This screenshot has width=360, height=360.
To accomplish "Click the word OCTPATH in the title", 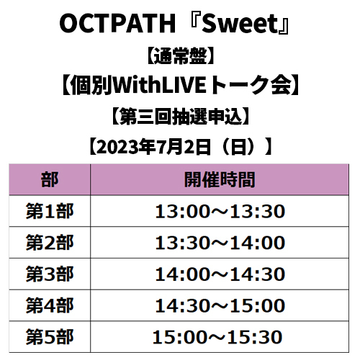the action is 117,24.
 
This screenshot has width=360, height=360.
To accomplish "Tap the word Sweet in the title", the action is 239,24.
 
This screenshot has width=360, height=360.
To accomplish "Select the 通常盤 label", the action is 180,55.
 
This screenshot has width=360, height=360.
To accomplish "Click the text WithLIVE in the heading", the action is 159,85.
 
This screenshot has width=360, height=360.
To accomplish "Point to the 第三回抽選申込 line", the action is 181,117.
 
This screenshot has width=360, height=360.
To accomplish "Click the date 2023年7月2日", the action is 153,147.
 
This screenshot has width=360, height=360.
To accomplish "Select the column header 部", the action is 50,179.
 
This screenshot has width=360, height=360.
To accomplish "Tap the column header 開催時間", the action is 220,179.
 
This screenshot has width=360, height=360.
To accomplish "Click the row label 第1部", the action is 50,211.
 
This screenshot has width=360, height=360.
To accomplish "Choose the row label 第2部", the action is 50,243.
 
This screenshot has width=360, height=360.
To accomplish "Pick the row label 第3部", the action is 50,274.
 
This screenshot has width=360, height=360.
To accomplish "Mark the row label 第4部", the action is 50,305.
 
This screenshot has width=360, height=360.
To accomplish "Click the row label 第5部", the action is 50,337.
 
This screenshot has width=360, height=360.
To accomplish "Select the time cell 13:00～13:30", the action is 220,211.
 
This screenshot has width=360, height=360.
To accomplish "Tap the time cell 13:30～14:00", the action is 220,243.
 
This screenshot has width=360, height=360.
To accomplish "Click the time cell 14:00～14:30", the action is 220,274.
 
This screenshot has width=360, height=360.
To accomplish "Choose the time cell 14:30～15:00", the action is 220,305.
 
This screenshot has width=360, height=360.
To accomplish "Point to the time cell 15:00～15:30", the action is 217,337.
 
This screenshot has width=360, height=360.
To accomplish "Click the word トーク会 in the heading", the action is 251,85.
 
